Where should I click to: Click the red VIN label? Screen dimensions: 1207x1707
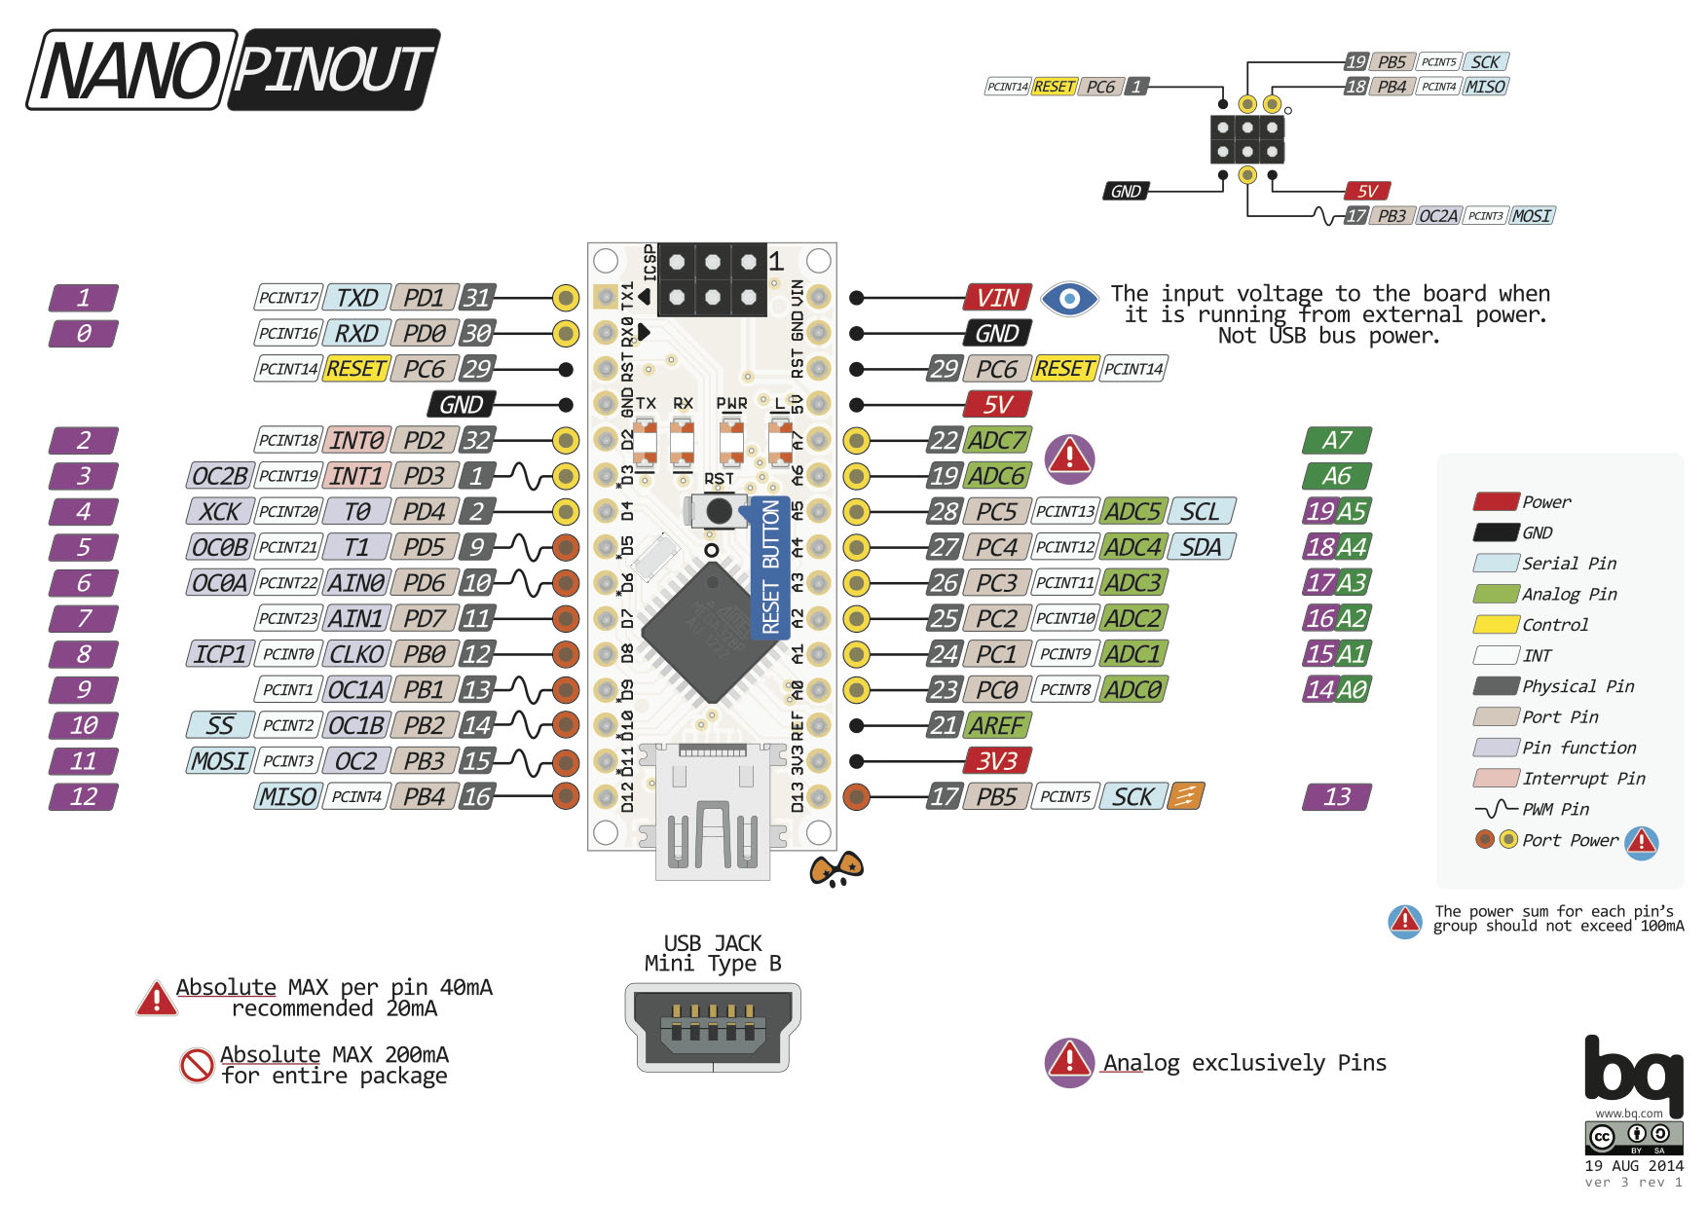click(997, 297)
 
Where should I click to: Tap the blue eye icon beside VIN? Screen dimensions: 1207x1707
click(1068, 298)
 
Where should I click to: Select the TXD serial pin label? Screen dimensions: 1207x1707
click(356, 297)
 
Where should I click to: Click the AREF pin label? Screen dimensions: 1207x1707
click(996, 725)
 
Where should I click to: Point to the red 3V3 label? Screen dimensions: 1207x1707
click(996, 760)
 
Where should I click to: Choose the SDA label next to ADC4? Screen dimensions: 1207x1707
click(1201, 547)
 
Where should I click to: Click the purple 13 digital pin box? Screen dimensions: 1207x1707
click(1336, 796)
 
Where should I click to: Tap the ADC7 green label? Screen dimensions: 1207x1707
click(996, 440)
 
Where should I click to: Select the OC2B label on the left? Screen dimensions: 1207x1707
click(219, 476)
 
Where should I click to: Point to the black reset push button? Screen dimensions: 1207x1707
click(719, 510)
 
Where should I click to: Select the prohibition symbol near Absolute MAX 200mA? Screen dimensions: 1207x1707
click(197, 1065)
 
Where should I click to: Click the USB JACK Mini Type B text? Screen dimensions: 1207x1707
click(712, 953)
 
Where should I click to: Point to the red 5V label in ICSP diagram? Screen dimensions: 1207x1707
click(1366, 191)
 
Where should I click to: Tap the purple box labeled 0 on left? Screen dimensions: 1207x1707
click(84, 333)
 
